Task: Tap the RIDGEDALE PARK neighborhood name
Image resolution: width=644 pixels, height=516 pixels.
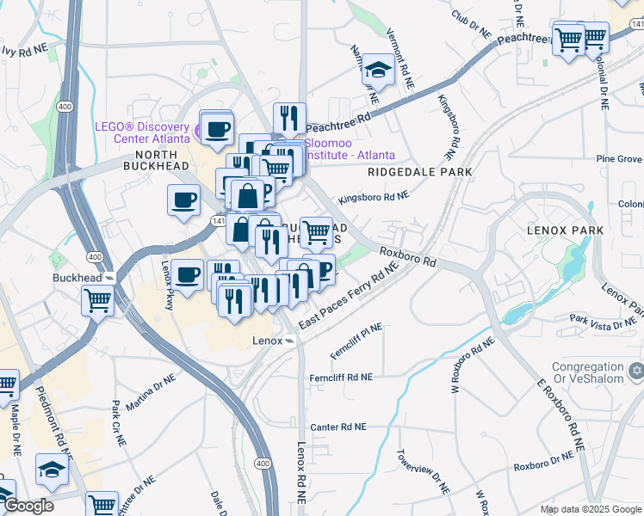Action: tap(419, 172)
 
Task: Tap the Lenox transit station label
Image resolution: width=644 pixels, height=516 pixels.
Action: tap(267, 341)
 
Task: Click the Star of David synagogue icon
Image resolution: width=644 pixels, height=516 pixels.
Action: tap(636, 371)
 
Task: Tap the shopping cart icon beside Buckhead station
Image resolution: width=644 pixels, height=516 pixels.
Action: tap(98, 301)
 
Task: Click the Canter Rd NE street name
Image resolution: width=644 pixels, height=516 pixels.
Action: tap(338, 427)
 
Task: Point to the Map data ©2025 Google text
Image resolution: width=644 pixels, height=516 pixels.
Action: tap(590, 509)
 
